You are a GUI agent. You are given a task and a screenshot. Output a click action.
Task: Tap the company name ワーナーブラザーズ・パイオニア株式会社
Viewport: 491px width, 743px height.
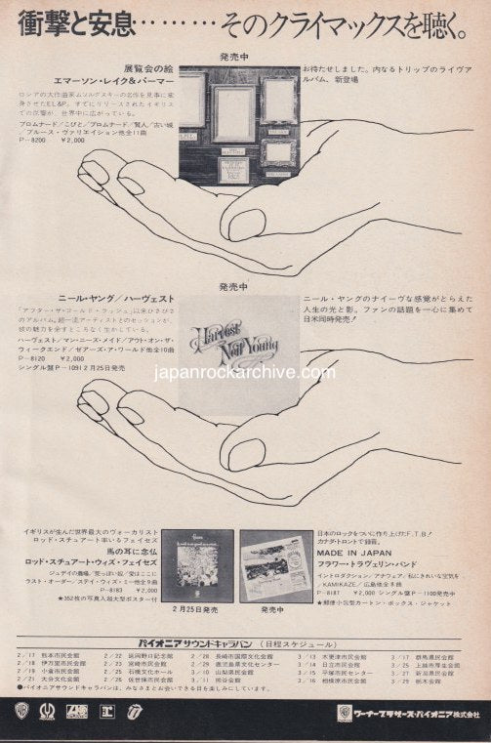419,708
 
